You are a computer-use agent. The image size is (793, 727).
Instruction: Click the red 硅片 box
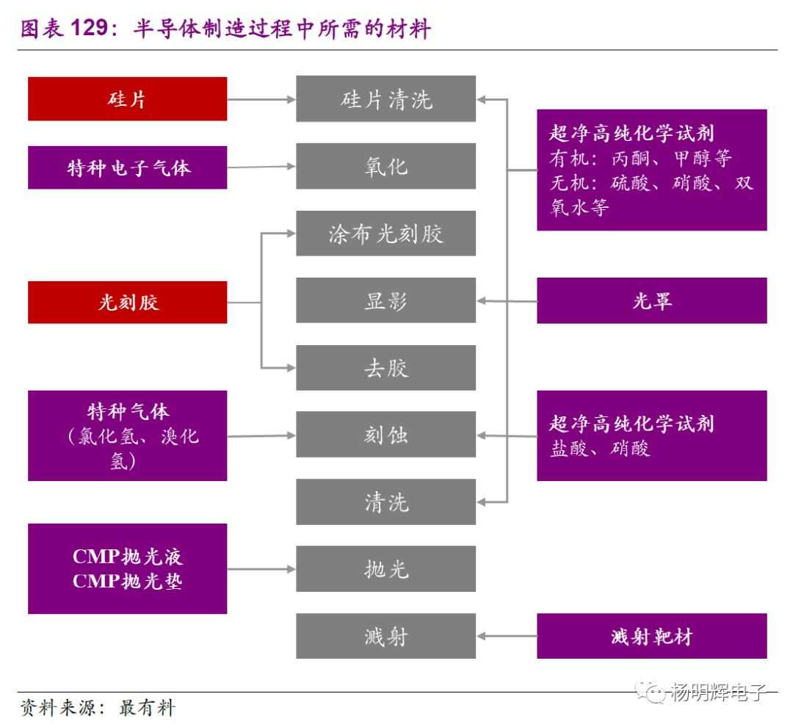pyautogui.click(x=127, y=99)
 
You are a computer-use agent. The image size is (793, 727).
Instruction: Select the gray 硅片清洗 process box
pyautogui.click(x=385, y=99)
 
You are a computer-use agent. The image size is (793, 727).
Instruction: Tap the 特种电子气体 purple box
pyautogui.click(x=127, y=167)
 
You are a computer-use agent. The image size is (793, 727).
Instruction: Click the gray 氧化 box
pyautogui.click(x=385, y=166)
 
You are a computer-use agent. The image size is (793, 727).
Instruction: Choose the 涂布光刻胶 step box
pyautogui.click(x=385, y=234)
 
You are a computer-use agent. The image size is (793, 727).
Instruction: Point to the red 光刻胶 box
pyautogui.click(x=127, y=302)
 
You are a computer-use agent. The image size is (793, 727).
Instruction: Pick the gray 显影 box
pyautogui.click(x=385, y=300)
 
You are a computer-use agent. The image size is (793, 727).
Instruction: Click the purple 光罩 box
pyautogui.click(x=651, y=300)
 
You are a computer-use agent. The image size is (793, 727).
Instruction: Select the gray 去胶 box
pyautogui.click(x=385, y=368)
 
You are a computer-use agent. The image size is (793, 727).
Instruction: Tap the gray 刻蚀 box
pyautogui.click(x=385, y=435)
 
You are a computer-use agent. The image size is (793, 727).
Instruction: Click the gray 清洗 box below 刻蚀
pyautogui.click(x=385, y=502)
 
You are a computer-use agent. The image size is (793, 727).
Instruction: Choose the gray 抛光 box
pyautogui.click(x=385, y=569)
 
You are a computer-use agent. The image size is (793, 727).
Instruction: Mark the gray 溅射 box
pyautogui.click(x=385, y=636)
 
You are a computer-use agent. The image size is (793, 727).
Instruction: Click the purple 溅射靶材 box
pyautogui.click(x=651, y=636)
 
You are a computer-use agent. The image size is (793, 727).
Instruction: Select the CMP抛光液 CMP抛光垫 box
pyautogui.click(x=127, y=569)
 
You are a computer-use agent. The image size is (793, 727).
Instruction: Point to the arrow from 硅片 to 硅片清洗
pyautogui.click(x=261, y=99)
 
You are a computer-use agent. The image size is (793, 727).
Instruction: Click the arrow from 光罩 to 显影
pyautogui.click(x=507, y=300)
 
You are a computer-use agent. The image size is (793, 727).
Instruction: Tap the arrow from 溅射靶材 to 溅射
pyautogui.click(x=507, y=636)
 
